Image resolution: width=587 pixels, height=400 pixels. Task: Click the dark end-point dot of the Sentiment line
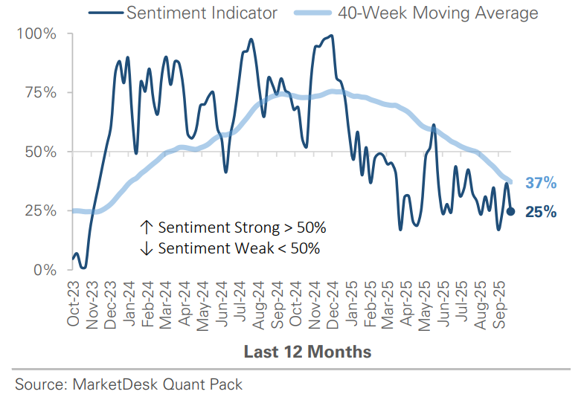click(x=510, y=211)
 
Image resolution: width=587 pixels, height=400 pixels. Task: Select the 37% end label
click(x=541, y=183)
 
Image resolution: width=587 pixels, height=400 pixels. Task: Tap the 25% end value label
click(x=541, y=212)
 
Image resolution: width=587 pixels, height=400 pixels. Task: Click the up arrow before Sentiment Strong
click(x=146, y=227)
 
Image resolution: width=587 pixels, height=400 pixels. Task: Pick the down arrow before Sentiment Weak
click(x=146, y=248)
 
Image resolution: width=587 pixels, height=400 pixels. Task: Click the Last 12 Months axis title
click(x=307, y=352)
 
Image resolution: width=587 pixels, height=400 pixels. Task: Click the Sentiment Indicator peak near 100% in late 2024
click(x=330, y=36)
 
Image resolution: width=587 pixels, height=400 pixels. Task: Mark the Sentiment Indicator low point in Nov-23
click(x=83, y=267)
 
